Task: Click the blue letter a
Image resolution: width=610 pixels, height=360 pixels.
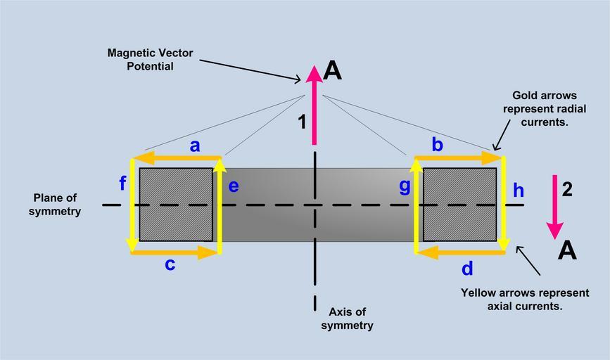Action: (195, 146)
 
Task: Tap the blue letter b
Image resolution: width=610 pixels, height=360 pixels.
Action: (437, 146)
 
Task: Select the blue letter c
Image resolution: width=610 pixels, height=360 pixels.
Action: (170, 265)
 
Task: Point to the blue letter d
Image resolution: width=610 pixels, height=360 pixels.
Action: (466, 268)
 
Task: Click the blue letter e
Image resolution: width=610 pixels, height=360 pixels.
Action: (234, 186)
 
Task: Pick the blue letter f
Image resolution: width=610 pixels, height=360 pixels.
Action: (123, 184)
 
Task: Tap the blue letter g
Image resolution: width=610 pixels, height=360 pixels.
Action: (405, 187)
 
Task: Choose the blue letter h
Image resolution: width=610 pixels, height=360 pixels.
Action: (519, 190)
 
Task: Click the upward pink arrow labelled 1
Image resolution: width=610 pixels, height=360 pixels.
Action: (314, 105)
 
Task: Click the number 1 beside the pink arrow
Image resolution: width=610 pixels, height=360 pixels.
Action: (302, 122)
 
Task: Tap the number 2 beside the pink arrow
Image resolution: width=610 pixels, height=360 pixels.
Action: (567, 188)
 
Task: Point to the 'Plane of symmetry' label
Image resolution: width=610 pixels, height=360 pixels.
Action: (55, 205)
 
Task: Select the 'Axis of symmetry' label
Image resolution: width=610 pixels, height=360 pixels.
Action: (347, 319)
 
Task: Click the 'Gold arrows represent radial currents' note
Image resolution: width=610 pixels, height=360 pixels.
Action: (545, 108)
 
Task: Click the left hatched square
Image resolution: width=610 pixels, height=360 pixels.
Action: (176, 204)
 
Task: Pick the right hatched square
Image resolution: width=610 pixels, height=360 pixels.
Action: (460, 204)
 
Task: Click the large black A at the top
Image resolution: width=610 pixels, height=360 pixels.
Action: (332, 70)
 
